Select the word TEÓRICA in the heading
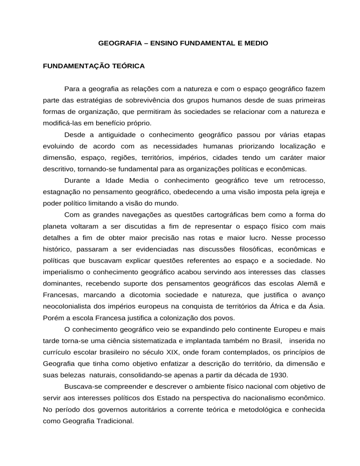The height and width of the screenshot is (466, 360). click(127, 66)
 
